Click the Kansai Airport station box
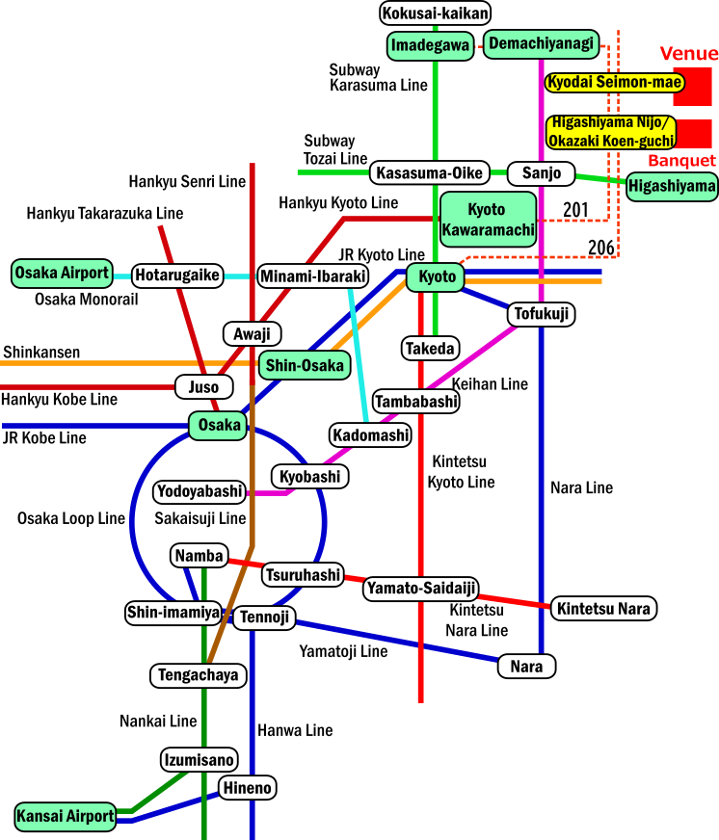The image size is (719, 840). tap(66, 816)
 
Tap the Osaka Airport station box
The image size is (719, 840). tap(63, 273)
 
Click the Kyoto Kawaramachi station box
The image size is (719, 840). tap(488, 219)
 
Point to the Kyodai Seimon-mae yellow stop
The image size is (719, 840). tap(614, 82)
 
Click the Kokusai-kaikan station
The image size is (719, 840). tap(436, 13)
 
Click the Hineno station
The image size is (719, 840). tap(248, 787)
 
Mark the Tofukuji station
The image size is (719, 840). tap(541, 314)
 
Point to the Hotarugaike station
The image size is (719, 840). tap(177, 275)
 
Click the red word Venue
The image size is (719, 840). tap(688, 54)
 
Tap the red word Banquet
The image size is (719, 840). tap(681, 160)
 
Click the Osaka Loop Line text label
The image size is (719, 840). tap(71, 518)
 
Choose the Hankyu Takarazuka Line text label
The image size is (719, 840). tap(105, 213)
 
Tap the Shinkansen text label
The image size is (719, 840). tap(40, 353)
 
